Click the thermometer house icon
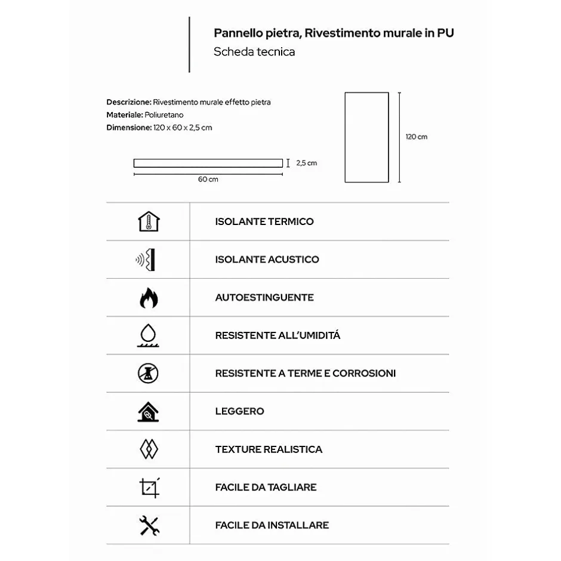click(x=148, y=221)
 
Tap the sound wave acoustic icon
click(x=147, y=260)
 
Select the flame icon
click(x=148, y=297)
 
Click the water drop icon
click(x=147, y=335)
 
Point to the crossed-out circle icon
click(x=148, y=374)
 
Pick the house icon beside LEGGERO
click(x=148, y=411)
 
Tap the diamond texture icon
click(x=148, y=449)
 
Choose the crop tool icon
click(x=149, y=488)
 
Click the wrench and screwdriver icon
click(x=149, y=525)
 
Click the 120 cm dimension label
click(x=417, y=137)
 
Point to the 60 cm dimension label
click(x=208, y=180)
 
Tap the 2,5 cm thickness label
click(x=306, y=163)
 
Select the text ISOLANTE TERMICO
click(x=264, y=221)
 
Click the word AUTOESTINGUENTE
click(x=264, y=297)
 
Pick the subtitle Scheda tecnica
click(x=254, y=52)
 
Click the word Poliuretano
click(x=164, y=115)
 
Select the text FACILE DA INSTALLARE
click(x=272, y=525)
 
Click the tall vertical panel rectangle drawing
click(x=366, y=137)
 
